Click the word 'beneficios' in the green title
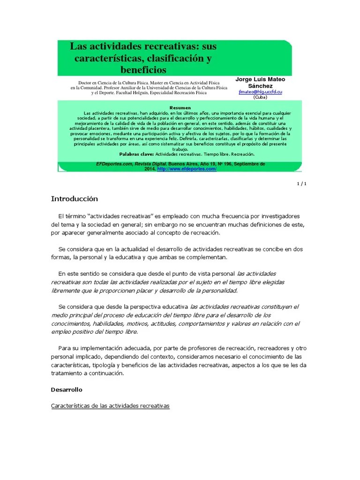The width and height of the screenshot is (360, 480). pos(143,70)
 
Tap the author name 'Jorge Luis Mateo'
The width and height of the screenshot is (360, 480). pos(259,79)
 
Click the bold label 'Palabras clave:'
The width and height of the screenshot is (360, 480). pos(136,154)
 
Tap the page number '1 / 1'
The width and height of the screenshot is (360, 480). pos(301,183)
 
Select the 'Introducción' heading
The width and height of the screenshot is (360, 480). pos(74,199)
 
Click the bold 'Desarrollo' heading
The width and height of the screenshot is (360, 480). pos(66,390)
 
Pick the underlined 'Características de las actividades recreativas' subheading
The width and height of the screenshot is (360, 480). pos(110,405)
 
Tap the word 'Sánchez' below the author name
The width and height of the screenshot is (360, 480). pos(259,86)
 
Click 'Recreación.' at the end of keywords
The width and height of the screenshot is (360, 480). pos(241,154)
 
